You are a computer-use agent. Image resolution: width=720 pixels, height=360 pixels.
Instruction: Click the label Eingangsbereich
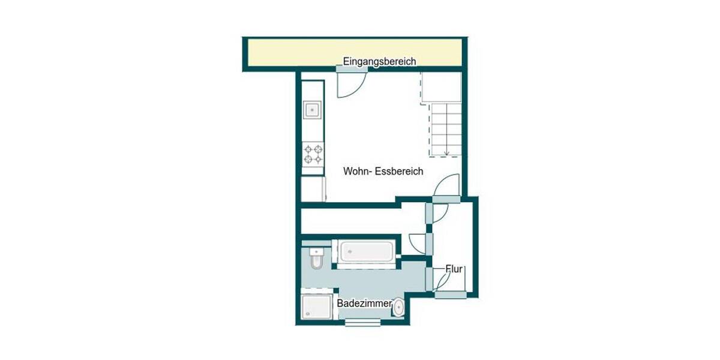coord(379,61)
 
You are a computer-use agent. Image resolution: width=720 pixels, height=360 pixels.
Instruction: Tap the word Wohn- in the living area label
coord(358,171)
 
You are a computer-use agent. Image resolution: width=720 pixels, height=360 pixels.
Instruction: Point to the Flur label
coord(454,269)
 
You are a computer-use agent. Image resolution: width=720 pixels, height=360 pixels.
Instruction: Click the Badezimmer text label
coord(364,304)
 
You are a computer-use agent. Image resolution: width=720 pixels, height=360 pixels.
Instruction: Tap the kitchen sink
coord(313,110)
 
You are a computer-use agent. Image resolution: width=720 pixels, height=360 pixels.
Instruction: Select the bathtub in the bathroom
coord(366,251)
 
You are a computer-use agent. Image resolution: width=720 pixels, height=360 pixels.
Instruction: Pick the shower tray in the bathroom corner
coord(316,307)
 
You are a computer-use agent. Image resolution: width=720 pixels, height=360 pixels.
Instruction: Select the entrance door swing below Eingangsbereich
coord(348,84)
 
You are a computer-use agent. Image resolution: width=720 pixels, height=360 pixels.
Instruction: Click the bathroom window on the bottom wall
coord(362,323)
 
